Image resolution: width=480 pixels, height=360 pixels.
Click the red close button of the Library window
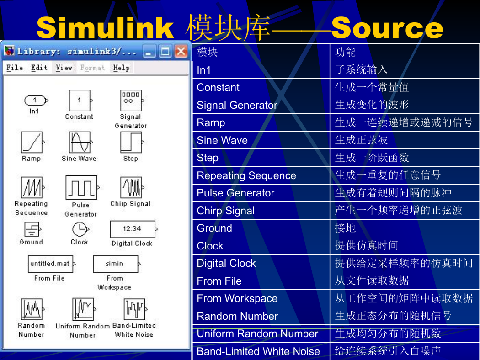[x=181, y=51]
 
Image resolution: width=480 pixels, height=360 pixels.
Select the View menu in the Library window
[x=64, y=68]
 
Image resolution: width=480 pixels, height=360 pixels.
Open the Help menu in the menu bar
[x=121, y=68]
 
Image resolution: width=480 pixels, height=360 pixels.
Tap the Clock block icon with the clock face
[x=80, y=229]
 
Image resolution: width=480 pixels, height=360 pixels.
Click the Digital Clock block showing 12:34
[x=133, y=229]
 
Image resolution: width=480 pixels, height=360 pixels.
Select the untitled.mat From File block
[x=51, y=264]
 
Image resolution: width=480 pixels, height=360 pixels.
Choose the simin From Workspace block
[x=117, y=264]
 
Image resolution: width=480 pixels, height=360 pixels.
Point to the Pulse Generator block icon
[x=82, y=187]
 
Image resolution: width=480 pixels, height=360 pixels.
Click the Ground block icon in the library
[x=32, y=229]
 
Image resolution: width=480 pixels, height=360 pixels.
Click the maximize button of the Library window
[x=165, y=51]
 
